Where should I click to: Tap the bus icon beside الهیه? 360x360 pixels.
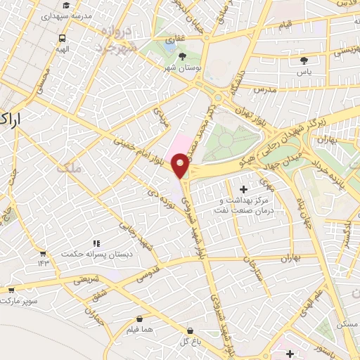point(63,39)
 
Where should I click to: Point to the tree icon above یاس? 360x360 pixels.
point(304,61)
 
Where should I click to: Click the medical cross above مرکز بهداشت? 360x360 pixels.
point(243,189)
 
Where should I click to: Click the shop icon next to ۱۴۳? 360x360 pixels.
point(44,253)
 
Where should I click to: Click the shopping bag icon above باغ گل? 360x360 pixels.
point(189,330)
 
